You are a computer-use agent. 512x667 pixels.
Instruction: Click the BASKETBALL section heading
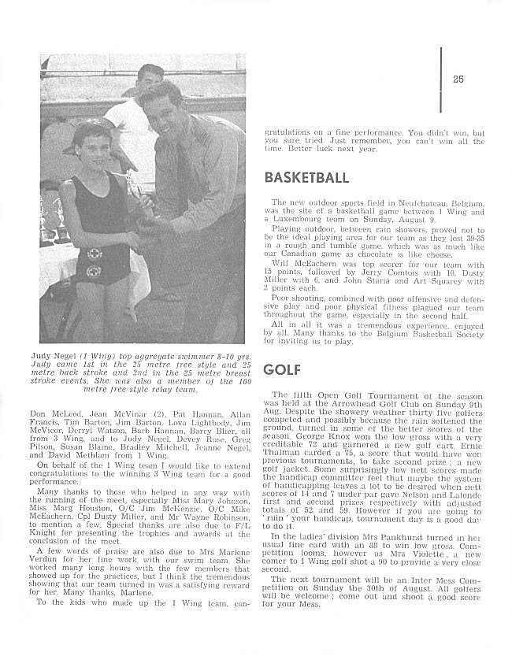[x=306, y=177]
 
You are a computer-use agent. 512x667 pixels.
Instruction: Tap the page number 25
[x=458, y=78]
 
